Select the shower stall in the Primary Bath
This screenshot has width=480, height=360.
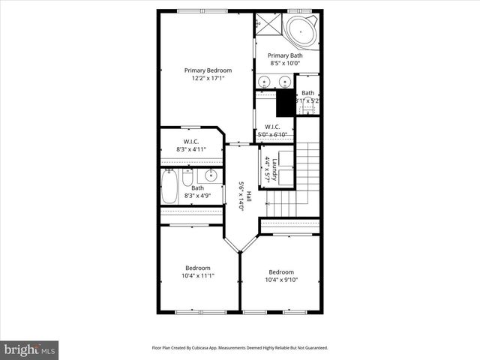point(266,24)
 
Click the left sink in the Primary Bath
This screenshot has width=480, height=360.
point(265,82)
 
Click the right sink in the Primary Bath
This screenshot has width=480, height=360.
point(285,82)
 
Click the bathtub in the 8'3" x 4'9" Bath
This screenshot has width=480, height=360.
point(170,187)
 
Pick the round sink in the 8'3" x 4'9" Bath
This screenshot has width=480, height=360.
point(211,176)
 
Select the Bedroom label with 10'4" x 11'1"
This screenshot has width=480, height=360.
point(198,271)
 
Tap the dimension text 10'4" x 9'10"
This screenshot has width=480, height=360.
point(281,280)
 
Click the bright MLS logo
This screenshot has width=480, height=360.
point(30,349)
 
